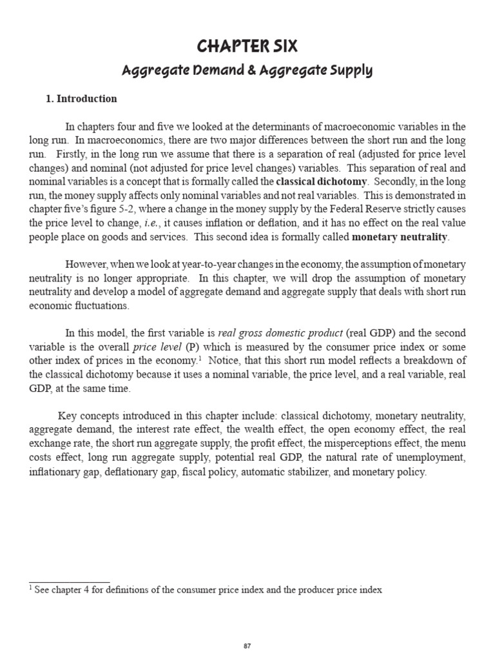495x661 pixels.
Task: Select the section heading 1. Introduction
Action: pyautogui.click(x=81, y=99)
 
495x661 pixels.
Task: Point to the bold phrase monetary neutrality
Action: pyautogui.click(x=400, y=237)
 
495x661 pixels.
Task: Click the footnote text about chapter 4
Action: pyautogui.click(x=206, y=589)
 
